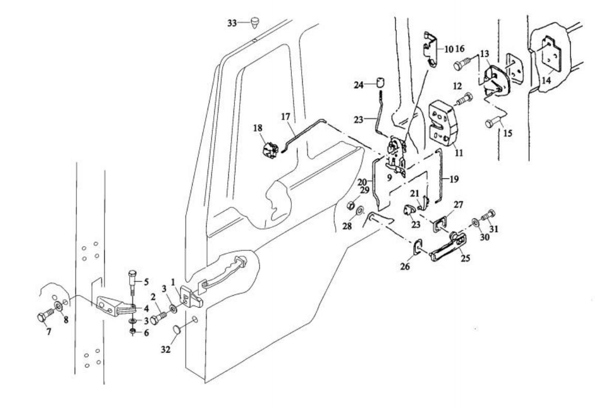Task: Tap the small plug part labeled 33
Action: click(255, 21)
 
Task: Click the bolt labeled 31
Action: click(489, 213)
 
